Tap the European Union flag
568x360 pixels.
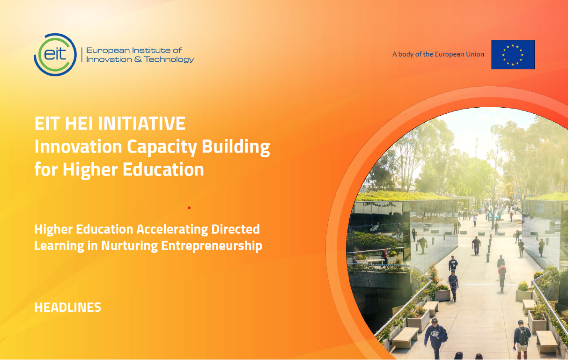coord(513,54)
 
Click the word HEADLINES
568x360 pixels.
coord(68,308)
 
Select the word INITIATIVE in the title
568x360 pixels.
coord(142,124)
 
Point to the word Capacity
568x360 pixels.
coord(162,147)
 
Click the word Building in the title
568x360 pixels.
coord(236,147)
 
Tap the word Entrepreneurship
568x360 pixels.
coord(212,246)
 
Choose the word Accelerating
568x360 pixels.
coord(172,230)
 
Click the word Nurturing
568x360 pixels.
coord(129,246)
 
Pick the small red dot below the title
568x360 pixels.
coord(189,208)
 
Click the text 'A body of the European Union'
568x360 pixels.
coord(438,54)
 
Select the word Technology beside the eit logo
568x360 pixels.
coord(169,59)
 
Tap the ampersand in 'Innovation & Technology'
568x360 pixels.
coord(138,59)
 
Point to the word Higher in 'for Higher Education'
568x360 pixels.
coord(90,170)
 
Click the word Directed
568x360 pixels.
coord(236,229)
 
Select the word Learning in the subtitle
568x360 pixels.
coord(59,246)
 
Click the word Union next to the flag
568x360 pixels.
coord(476,54)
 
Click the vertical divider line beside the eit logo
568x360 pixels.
coord(81,55)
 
